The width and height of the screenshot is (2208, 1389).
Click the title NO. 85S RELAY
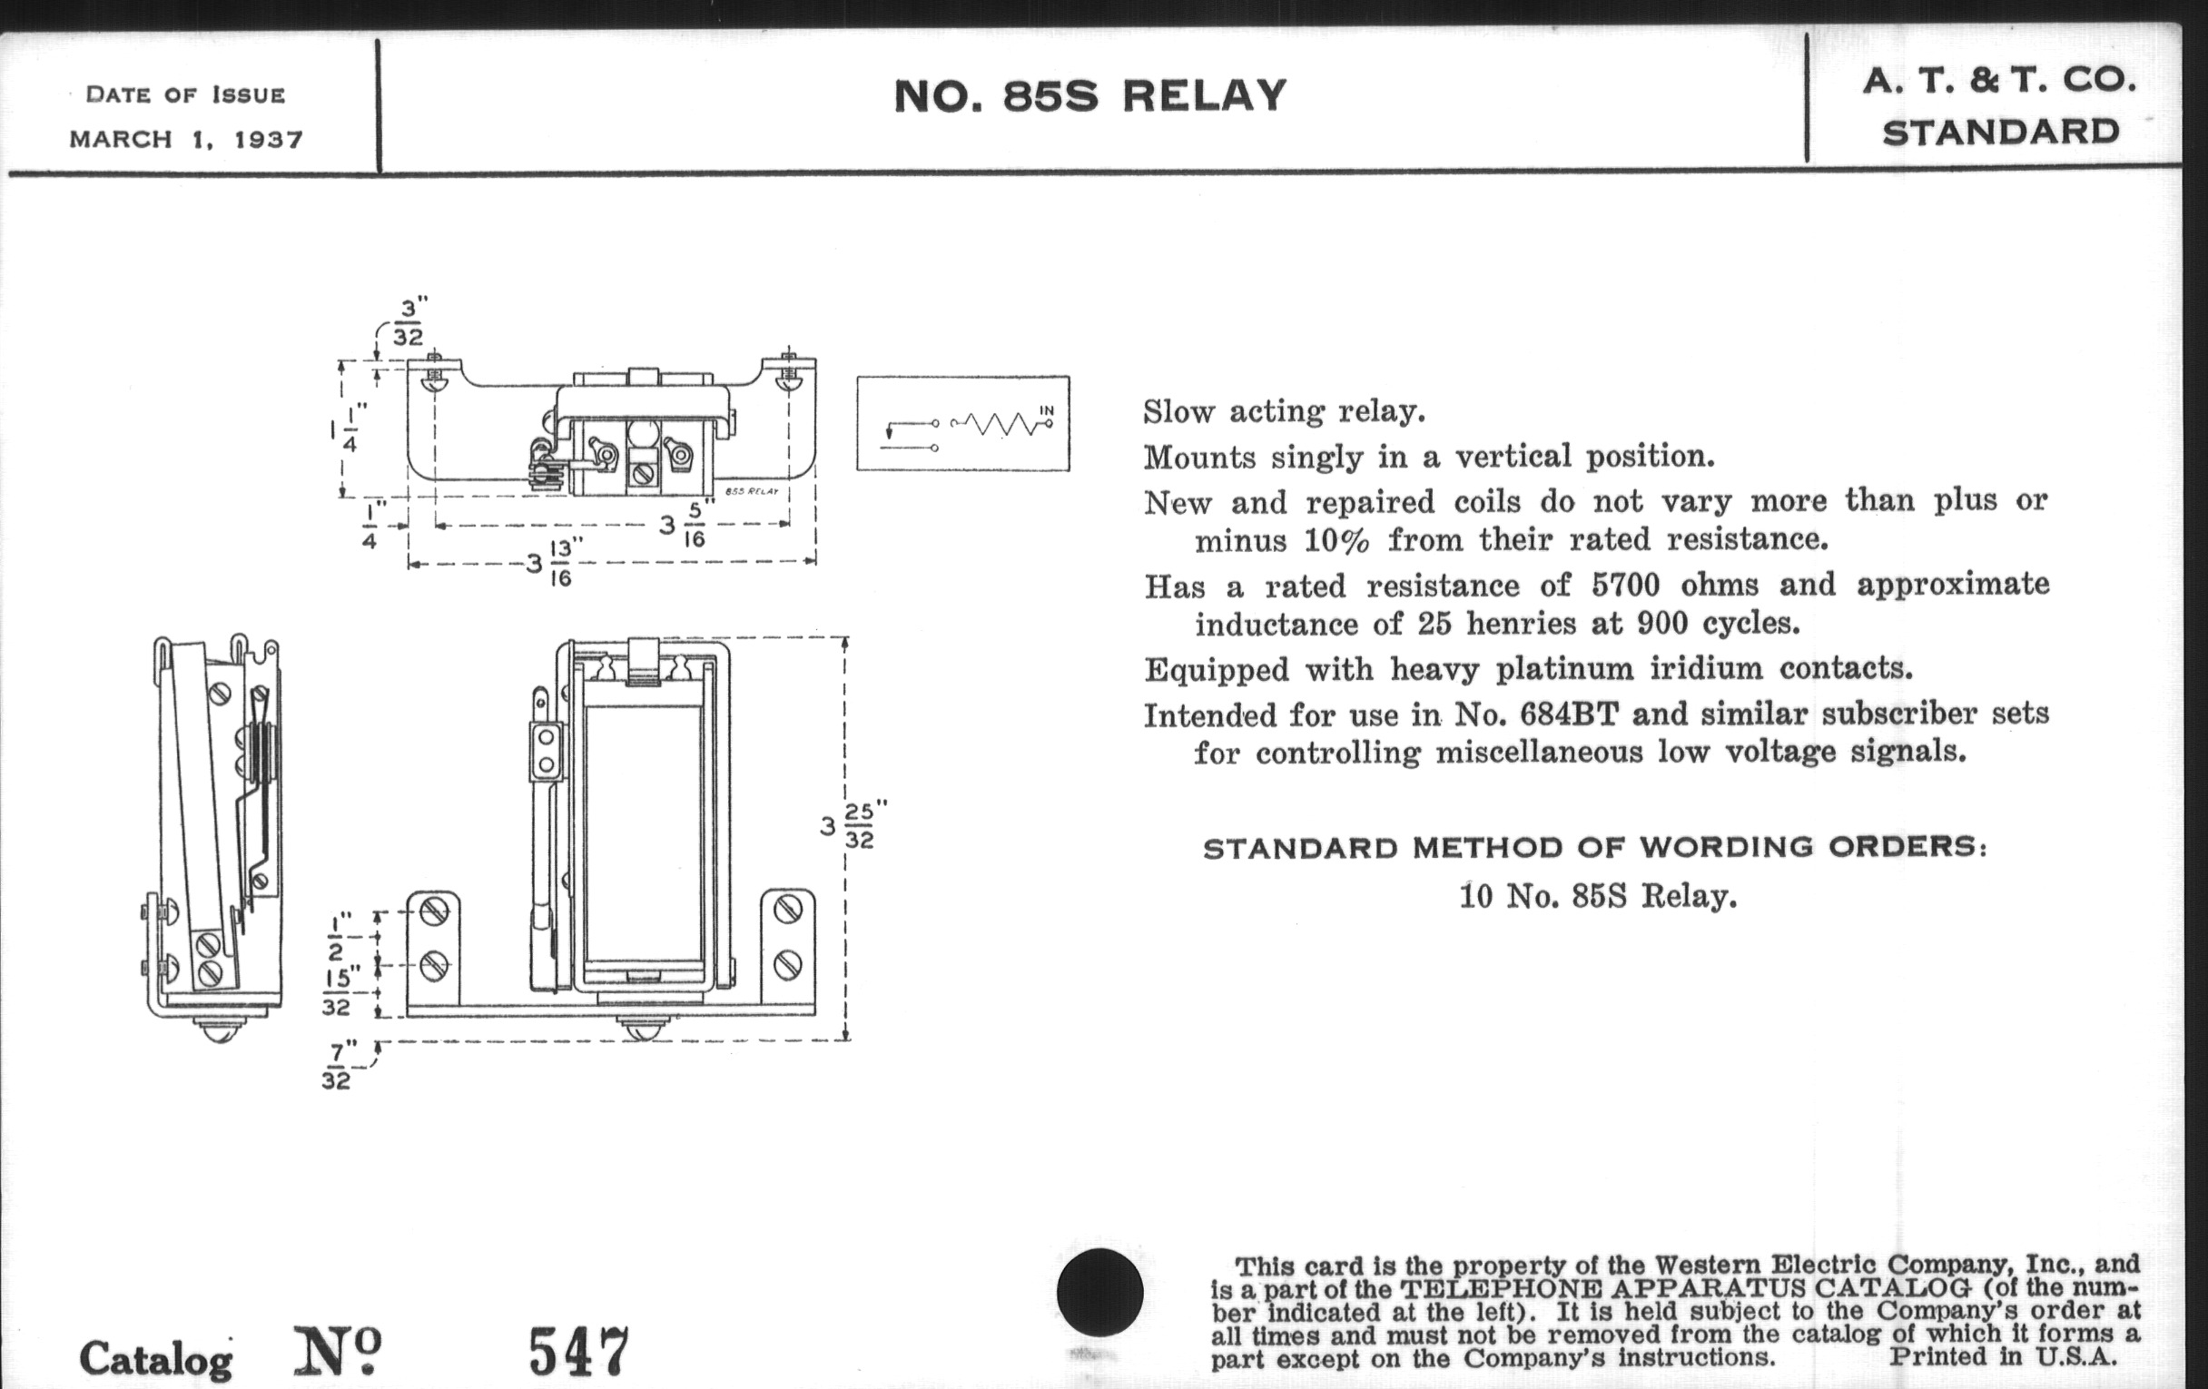tap(1089, 96)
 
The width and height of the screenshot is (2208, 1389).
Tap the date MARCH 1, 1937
tap(186, 140)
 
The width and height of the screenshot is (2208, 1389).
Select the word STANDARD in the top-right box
tap(2001, 133)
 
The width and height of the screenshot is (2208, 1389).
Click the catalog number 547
tap(578, 1352)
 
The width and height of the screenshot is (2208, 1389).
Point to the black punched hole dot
tap(1099, 1292)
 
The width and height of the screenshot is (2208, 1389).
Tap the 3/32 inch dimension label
tap(409, 320)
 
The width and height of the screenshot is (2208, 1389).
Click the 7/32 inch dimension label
tap(338, 1067)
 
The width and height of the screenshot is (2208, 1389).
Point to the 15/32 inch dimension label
tap(338, 992)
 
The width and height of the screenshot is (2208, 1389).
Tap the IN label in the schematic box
tap(1046, 409)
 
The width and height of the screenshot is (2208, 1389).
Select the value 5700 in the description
tap(1623, 585)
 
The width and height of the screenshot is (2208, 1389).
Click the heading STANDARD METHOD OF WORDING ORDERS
tap(1594, 847)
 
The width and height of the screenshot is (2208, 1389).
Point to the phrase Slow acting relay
tap(1284, 411)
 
